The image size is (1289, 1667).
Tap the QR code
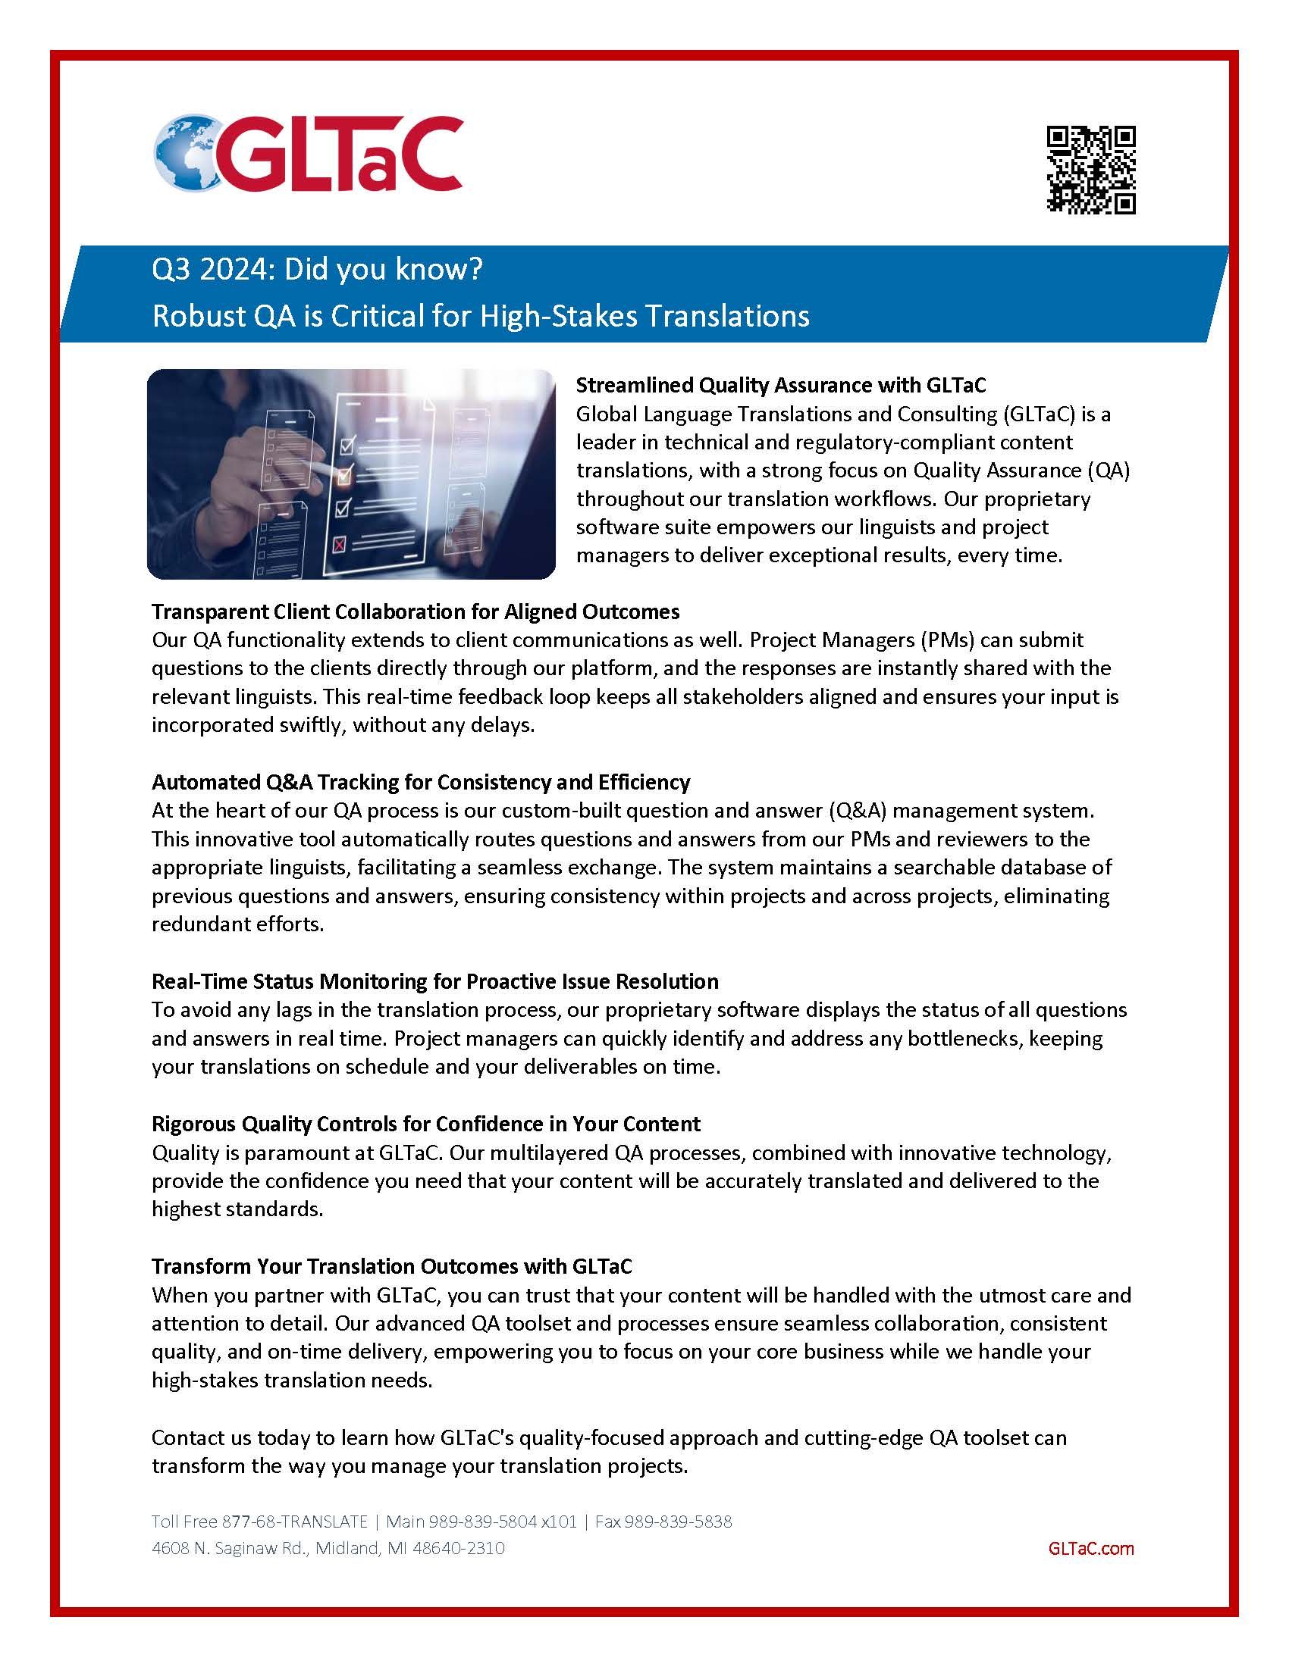(x=1090, y=169)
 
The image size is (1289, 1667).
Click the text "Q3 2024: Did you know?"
(x=317, y=271)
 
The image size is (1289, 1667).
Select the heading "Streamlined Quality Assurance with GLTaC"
(x=780, y=385)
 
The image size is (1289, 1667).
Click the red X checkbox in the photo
(x=340, y=544)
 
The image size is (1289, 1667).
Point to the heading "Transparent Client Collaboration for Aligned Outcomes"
(x=416, y=611)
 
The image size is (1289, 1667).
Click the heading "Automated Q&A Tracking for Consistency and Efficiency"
(x=421, y=782)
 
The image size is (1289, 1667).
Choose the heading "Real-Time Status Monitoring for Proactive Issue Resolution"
(x=434, y=980)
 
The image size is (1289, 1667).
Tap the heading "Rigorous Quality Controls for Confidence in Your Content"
(x=425, y=1124)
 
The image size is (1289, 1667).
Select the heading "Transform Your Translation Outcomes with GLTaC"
(x=392, y=1266)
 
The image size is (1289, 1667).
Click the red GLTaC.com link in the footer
(x=1091, y=1548)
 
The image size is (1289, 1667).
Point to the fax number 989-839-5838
(x=678, y=1522)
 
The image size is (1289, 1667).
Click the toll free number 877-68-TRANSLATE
(x=295, y=1522)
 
